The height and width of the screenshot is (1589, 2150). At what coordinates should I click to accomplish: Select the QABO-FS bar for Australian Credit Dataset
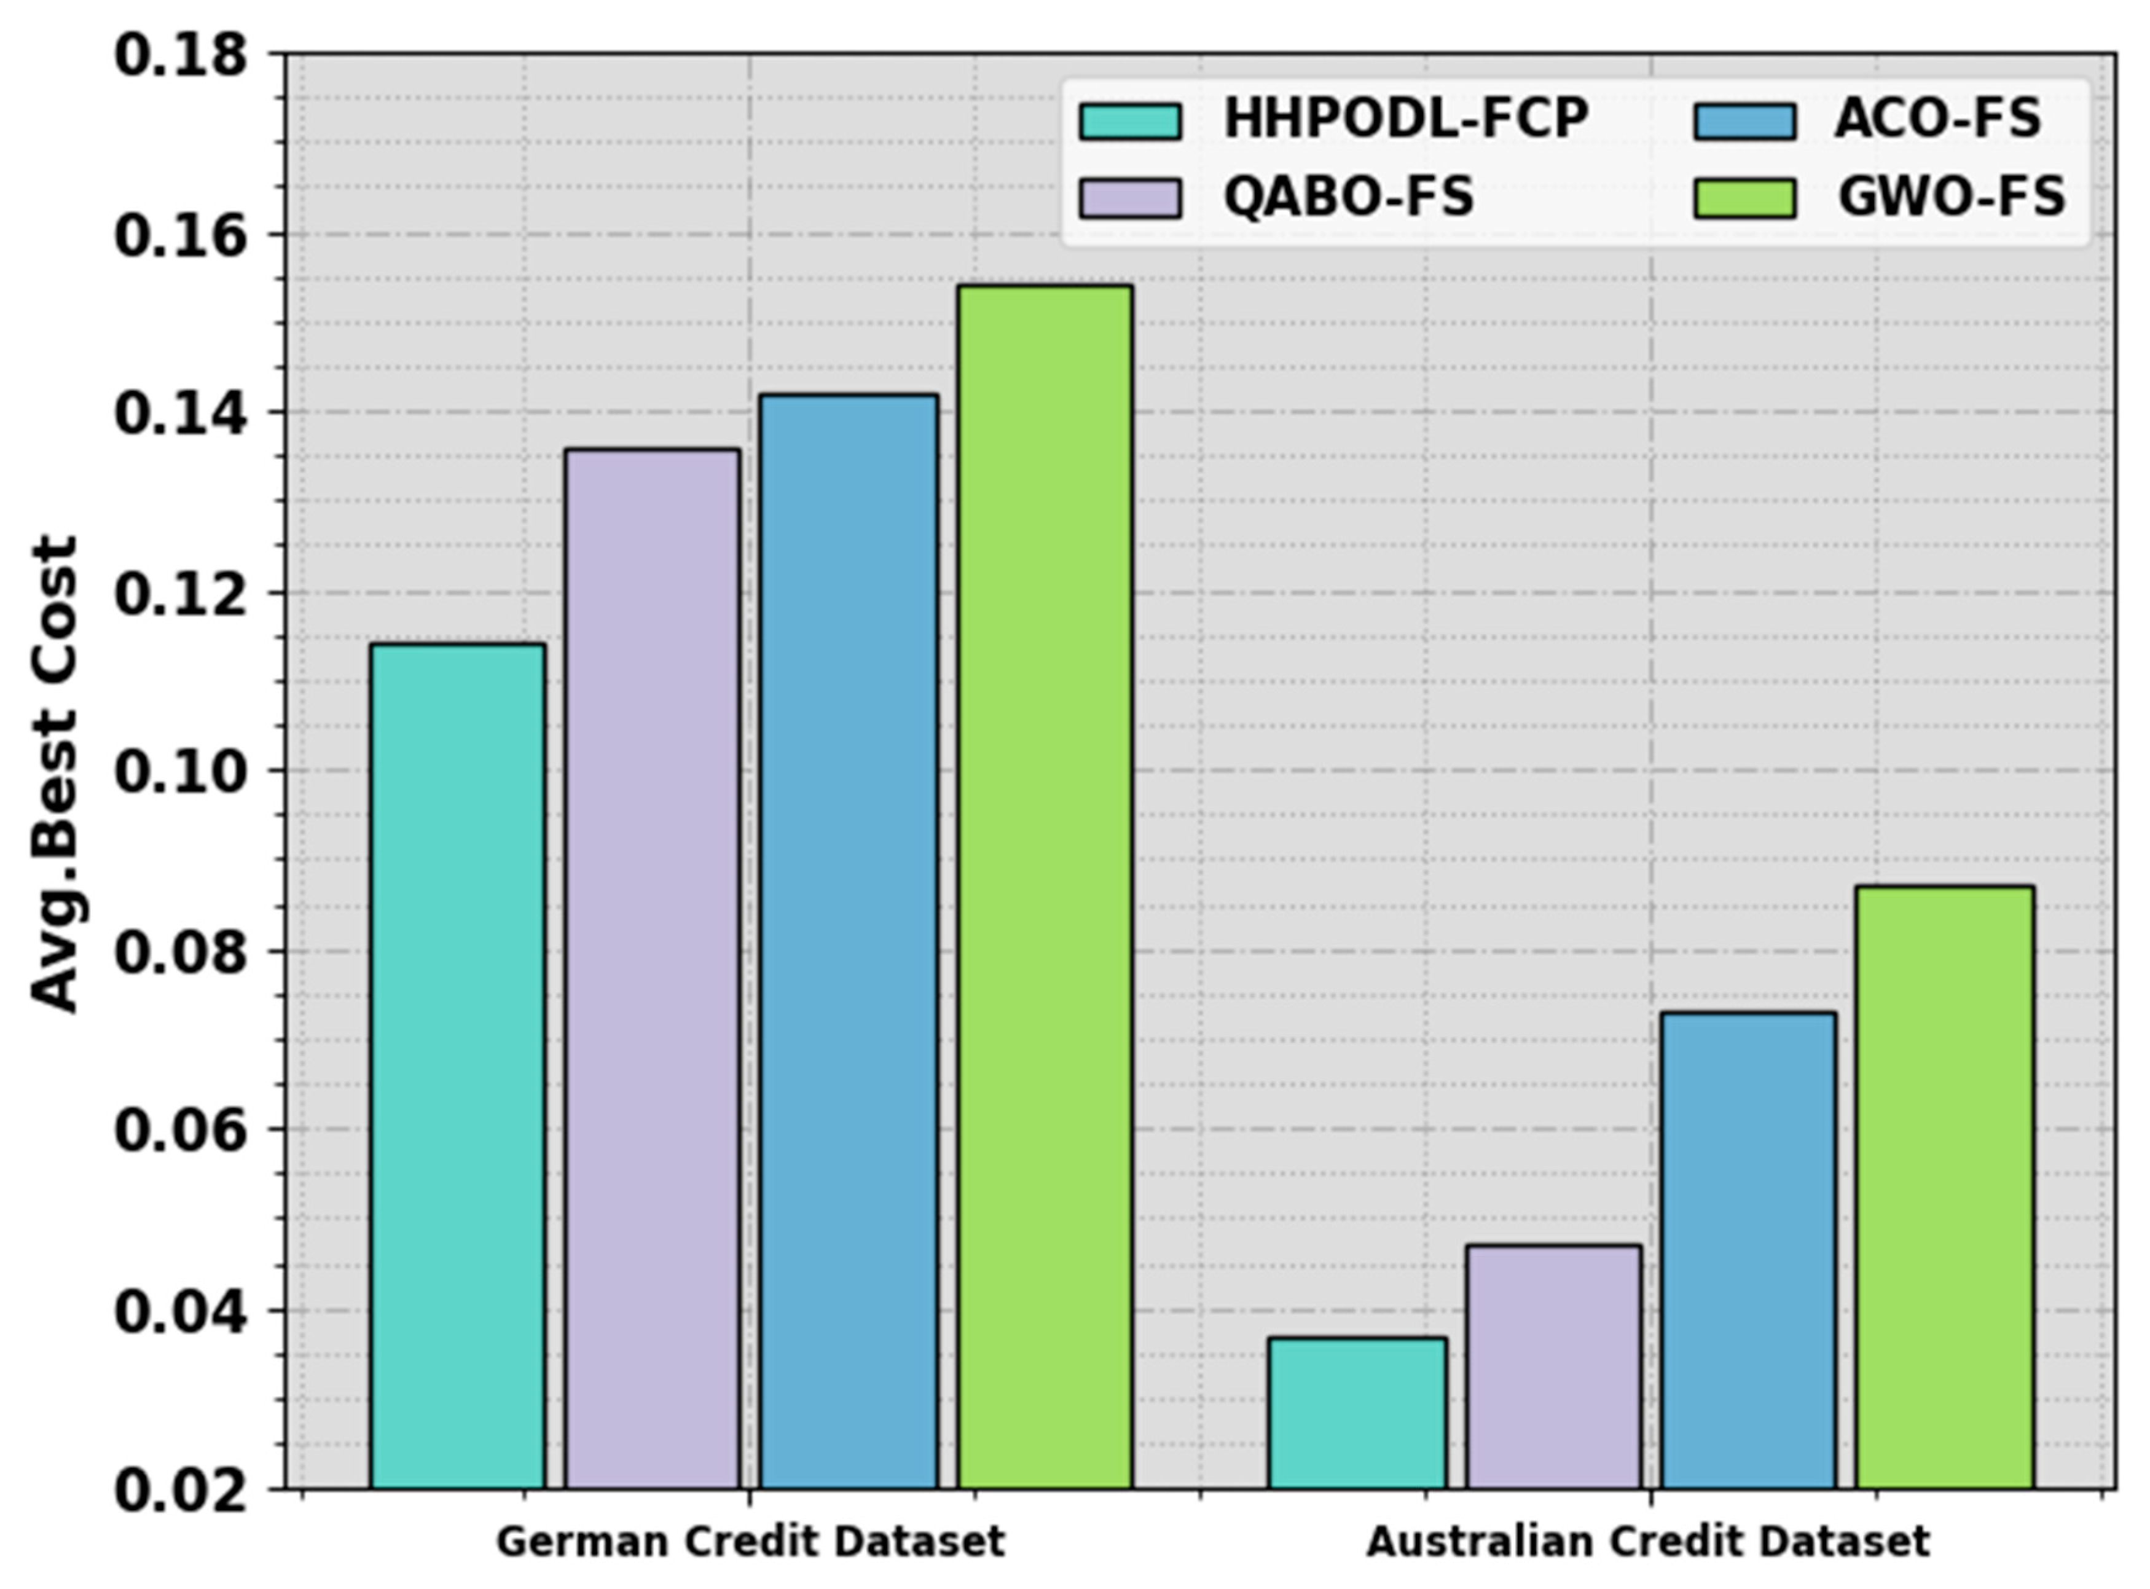point(1553,1367)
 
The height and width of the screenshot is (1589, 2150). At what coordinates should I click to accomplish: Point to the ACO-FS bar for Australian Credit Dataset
point(1748,1250)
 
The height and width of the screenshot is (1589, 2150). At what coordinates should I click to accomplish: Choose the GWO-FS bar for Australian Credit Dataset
point(1944,1187)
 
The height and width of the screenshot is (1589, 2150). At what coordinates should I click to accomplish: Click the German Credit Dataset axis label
point(750,1542)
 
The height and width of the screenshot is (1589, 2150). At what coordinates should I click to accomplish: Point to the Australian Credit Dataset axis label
point(1648,1542)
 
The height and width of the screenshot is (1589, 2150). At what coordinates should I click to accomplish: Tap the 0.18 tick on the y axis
point(180,56)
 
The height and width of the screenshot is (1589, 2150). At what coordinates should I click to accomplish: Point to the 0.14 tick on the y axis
point(180,414)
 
